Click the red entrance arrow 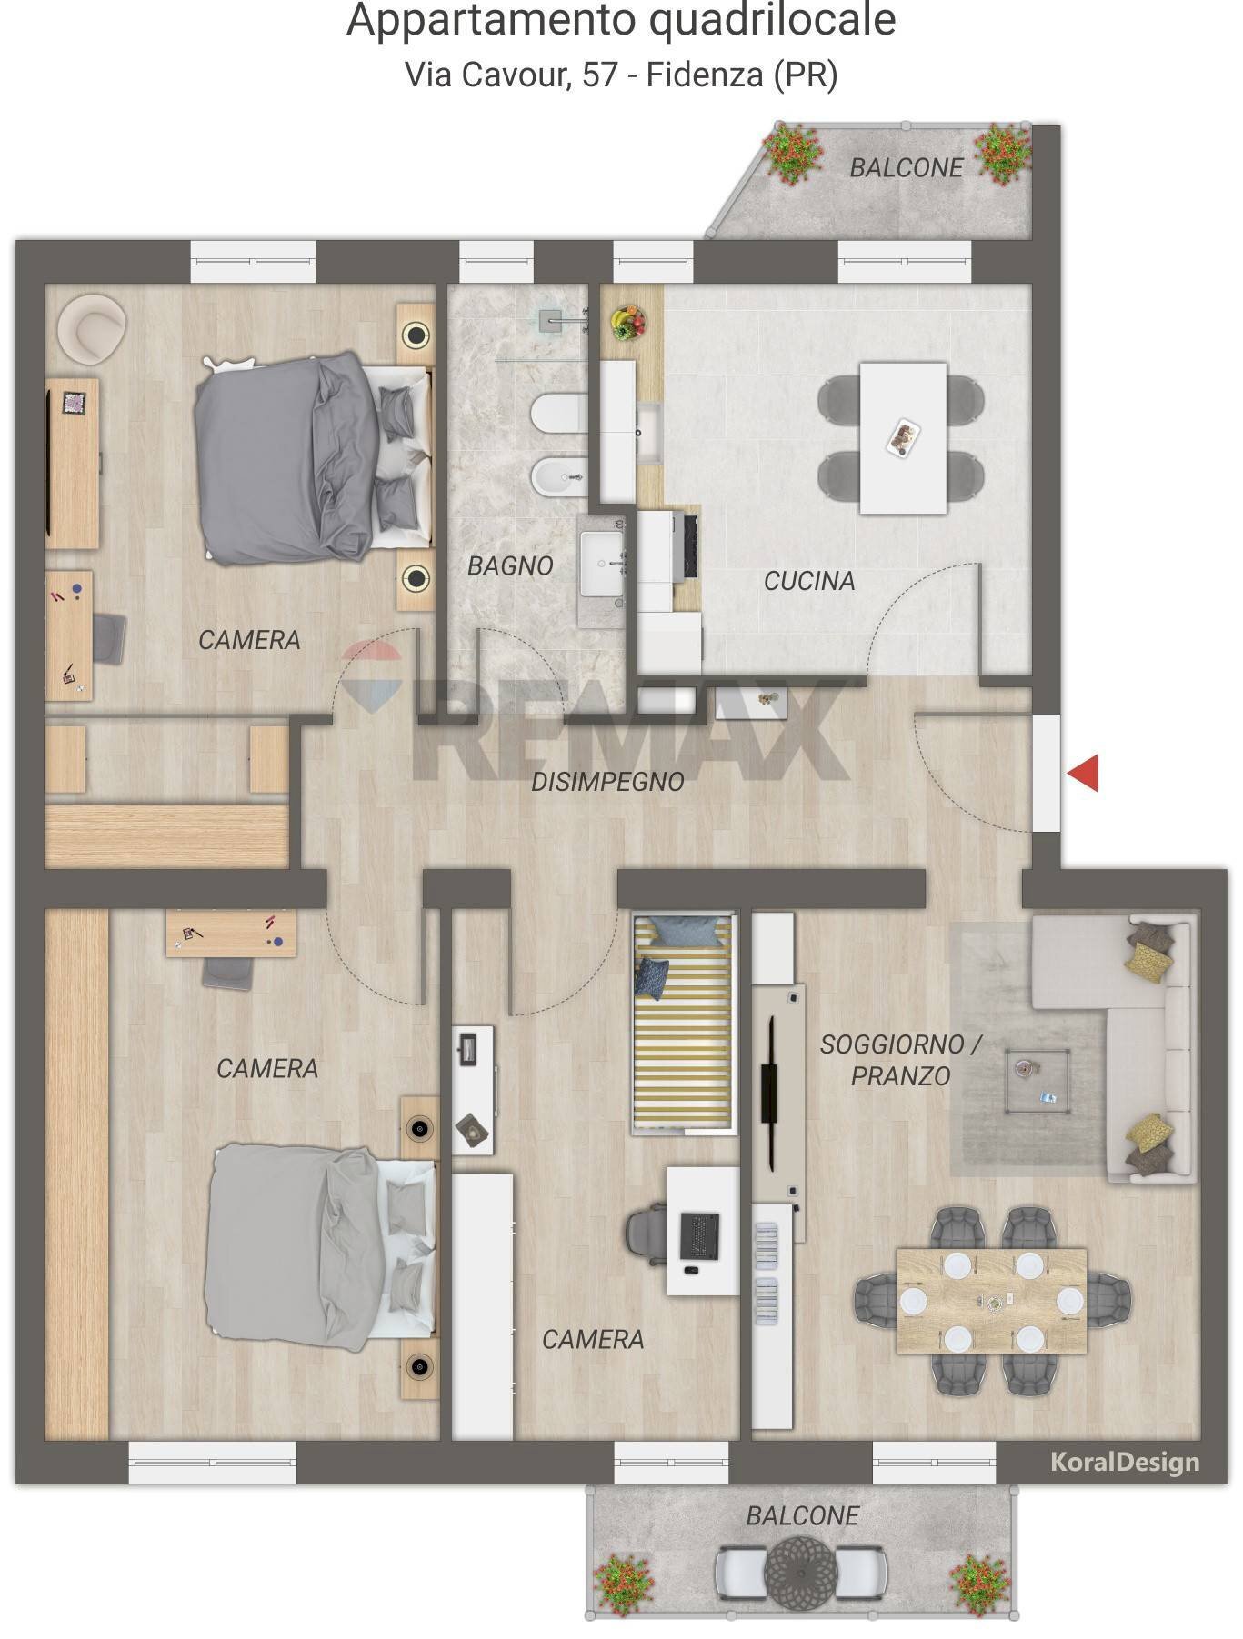click(x=1083, y=773)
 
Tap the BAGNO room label click(x=510, y=565)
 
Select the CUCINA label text click(x=809, y=581)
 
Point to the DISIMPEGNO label click(x=607, y=781)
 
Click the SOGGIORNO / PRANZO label click(x=901, y=1060)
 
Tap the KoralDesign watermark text click(x=1125, y=1463)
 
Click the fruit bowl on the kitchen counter click(x=627, y=322)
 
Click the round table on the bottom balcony click(x=801, y=1566)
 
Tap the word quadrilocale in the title click(x=773, y=21)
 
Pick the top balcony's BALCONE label click(x=906, y=167)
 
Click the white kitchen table click(x=903, y=437)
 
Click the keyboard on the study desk click(x=699, y=1235)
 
